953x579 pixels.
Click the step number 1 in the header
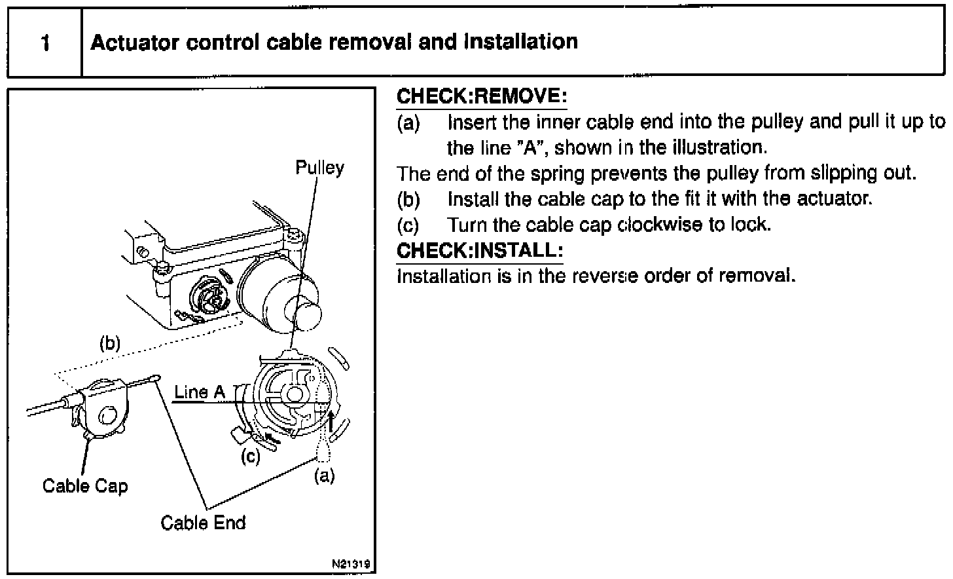click(x=45, y=43)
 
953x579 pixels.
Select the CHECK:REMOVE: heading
click(x=482, y=96)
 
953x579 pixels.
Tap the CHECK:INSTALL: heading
click(x=480, y=250)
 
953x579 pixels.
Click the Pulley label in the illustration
click(x=319, y=168)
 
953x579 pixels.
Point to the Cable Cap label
click(x=85, y=486)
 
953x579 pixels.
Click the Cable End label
click(x=203, y=523)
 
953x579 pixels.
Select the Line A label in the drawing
click(x=200, y=392)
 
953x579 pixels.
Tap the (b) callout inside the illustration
click(x=110, y=343)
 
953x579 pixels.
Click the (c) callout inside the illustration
click(x=251, y=457)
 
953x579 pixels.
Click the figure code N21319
click(x=351, y=563)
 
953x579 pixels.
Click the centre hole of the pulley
click(x=294, y=394)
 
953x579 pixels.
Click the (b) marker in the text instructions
click(x=408, y=198)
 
